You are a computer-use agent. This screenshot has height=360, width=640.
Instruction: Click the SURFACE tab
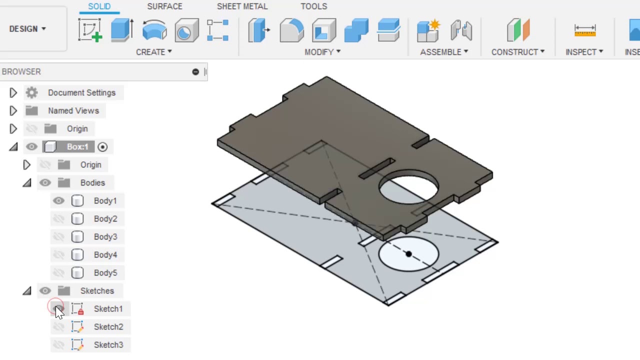pos(164,6)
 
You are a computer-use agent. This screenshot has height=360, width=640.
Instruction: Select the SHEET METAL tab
pos(242,6)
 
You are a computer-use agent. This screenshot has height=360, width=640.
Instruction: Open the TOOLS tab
pos(313,6)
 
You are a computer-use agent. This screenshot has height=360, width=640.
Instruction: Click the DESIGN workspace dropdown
pos(27,29)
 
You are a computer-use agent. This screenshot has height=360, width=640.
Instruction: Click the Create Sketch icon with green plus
pos(90,30)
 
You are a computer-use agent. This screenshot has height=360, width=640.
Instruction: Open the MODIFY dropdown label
pos(322,52)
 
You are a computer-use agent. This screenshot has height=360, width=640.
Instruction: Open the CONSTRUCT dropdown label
pos(517,52)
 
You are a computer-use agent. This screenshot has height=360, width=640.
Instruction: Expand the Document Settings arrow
pos(13,93)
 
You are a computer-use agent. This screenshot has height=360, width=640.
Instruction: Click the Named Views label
pos(73,111)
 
